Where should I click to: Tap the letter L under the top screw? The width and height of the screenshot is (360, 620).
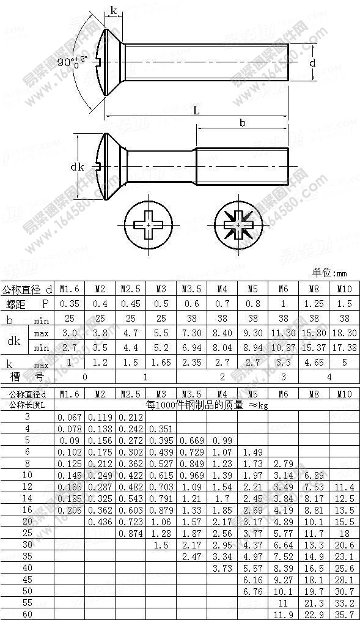196,110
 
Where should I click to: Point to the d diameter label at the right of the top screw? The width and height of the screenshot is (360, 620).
312,62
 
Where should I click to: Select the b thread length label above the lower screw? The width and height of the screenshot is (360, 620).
243,122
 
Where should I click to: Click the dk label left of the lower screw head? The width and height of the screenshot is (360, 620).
77,166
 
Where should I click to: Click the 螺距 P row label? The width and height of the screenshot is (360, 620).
28,303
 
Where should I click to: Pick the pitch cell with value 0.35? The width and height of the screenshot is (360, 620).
70,303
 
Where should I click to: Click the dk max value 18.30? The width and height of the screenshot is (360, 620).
344,333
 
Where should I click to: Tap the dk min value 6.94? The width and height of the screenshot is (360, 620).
192,348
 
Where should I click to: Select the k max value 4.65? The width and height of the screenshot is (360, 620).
314,363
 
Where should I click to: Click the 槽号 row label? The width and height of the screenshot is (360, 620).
28,377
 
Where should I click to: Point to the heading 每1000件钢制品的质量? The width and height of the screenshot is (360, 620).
207,404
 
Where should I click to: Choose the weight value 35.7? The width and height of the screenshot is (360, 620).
344,613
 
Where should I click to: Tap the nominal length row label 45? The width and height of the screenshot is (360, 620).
28,578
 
